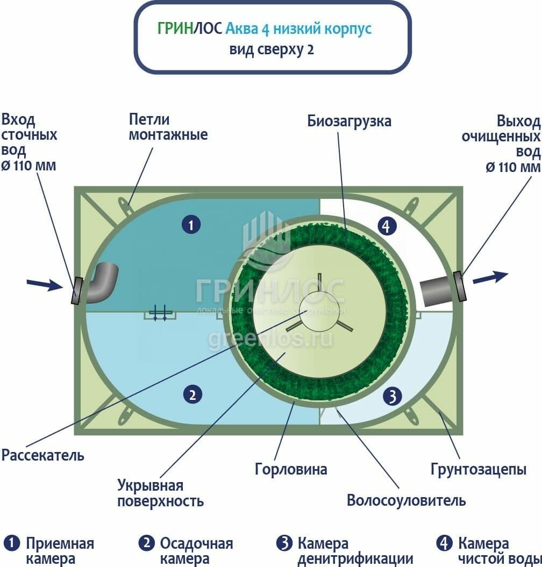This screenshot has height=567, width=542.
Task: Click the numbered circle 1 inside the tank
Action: [191, 224]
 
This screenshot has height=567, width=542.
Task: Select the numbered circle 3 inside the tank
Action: [392, 397]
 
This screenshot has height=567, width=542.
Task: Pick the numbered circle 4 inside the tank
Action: [386, 226]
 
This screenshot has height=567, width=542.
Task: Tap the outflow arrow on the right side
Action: [490, 277]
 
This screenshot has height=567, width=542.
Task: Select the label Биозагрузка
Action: [350, 121]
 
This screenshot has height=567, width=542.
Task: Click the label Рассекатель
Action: [43, 455]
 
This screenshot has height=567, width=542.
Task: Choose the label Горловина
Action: [291, 469]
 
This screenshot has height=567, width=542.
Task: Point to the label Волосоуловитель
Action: [406, 500]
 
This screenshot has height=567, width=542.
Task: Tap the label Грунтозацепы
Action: [478, 469]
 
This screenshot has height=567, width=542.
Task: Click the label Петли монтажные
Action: [168, 127]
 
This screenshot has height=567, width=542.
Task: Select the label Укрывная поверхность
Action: [160, 493]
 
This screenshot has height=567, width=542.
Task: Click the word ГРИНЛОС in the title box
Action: [190, 28]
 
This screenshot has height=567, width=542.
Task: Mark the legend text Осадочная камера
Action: [196, 551]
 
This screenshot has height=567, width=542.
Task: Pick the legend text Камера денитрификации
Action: [354, 551]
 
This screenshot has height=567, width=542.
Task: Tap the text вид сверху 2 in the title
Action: [272, 50]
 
